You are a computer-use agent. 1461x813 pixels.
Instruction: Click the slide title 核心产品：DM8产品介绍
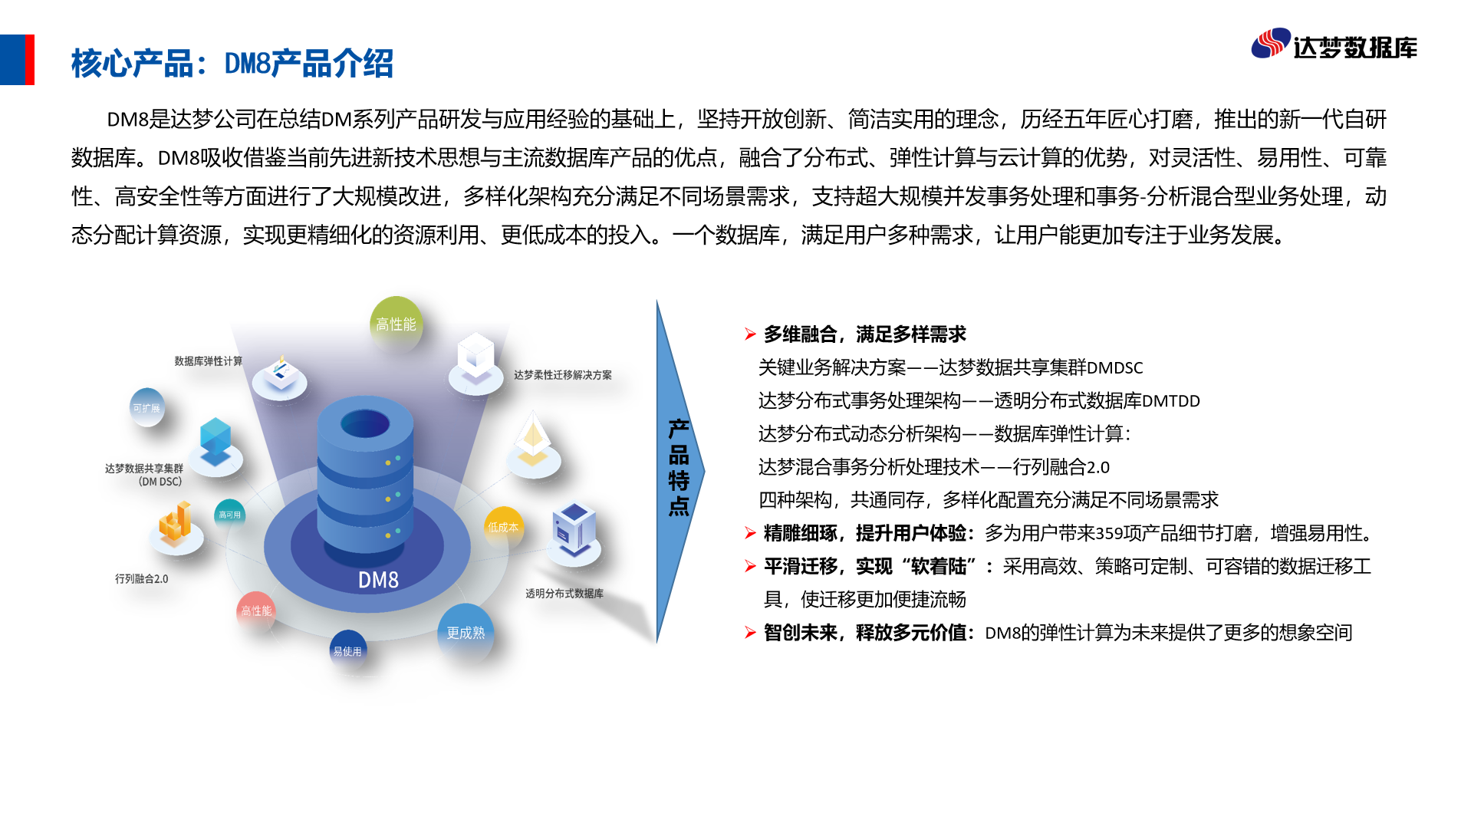tap(232, 63)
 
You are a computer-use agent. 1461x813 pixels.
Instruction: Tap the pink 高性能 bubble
tap(256, 611)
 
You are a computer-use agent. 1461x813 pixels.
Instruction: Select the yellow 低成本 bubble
tap(503, 527)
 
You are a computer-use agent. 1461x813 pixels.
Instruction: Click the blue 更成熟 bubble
tap(466, 632)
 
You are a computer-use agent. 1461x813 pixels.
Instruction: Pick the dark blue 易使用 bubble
tap(347, 650)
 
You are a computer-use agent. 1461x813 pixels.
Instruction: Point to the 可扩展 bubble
tap(146, 408)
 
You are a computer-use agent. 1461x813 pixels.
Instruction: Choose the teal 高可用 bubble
tap(230, 515)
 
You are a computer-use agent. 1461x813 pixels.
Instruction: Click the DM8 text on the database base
tap(378, 580)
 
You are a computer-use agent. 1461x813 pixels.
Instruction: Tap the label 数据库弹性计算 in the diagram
tap(208, 360)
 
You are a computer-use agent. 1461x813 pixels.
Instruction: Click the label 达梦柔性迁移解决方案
tap(563, 375)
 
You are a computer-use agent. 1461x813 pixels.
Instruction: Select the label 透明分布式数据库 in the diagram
tap(564, 593)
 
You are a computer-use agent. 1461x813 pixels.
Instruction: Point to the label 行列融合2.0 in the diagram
tap(142, 578)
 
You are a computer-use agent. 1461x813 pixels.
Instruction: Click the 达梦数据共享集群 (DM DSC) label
tap(144, 475)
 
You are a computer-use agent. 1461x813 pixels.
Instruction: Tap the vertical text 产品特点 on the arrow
tap(679, 467)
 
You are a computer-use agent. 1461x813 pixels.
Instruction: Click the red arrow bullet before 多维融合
tap(750, 334)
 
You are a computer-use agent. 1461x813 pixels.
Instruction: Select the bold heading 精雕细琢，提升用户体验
tap(865, 533)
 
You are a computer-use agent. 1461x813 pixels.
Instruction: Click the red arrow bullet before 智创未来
tap(750, 632)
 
